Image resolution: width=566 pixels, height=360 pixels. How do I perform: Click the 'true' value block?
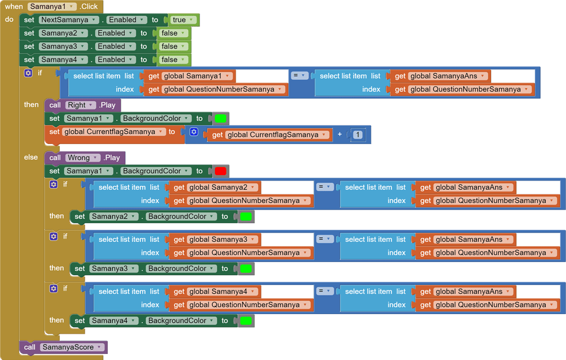[x=183, y=20]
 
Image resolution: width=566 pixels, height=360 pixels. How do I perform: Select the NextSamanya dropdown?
[x=68, y=20]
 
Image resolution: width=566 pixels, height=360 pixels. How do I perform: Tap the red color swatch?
[x=220, y=171]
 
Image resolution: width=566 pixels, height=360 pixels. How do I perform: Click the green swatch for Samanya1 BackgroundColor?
[x=220, y=118]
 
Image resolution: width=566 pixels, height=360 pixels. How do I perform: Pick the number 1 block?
[x=357, y=135]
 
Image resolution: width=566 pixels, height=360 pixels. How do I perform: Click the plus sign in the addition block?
[x=340, y=135]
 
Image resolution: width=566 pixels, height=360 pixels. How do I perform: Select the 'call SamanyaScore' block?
[x=63, y=347]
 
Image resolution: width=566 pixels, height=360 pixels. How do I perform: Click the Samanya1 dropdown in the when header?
[x=52, y=7]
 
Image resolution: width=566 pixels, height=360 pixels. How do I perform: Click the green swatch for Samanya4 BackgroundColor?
[x=246, y=321]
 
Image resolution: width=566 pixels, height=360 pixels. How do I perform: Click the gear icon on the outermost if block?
[x=28, y=73]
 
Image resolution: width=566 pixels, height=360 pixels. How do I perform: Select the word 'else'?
[x=31, y=157]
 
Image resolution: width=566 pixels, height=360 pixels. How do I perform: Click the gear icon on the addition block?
[x=194, y=132]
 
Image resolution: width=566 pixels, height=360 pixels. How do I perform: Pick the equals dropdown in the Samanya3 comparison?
[x=325, y=239]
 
